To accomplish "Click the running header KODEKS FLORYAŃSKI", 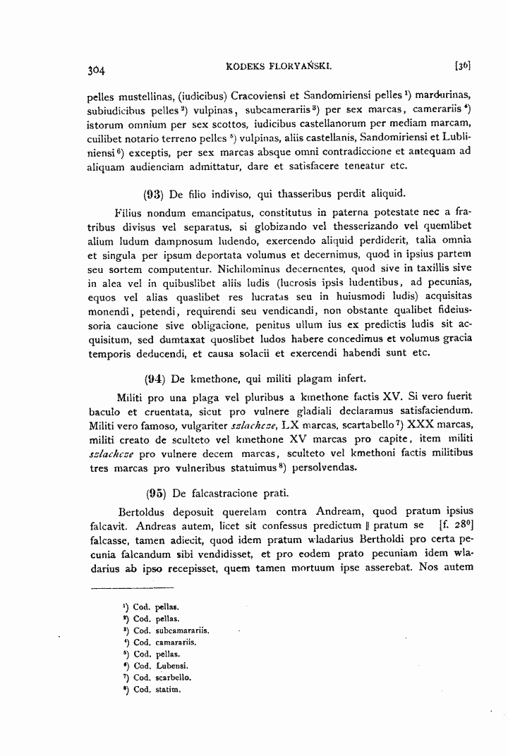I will click(x=272, y=67).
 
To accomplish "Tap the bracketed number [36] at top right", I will click(x=463, y=67).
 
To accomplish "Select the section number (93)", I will click(x=154, y=193).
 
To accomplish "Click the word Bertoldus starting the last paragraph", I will click(x=140, y=511).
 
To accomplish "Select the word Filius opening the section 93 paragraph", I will click(x=130, y=212).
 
